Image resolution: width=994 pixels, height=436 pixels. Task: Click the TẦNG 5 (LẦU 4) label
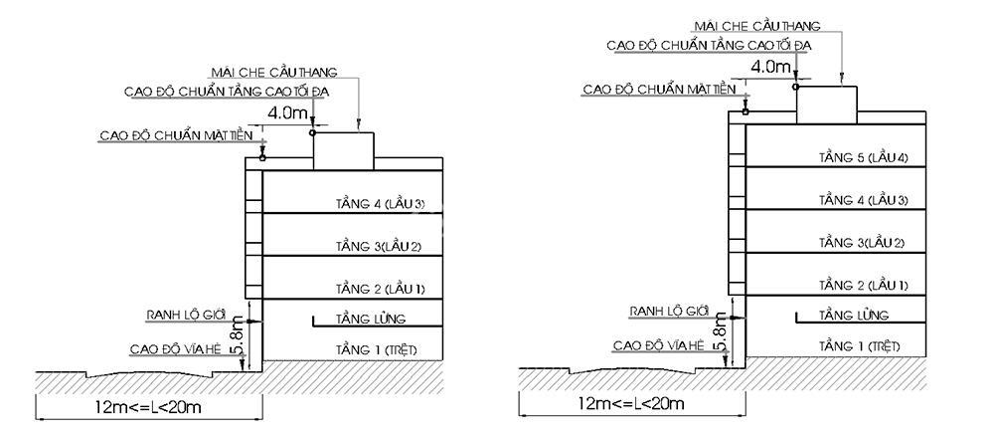863,157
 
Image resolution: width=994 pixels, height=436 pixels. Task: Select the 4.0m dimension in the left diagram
288,114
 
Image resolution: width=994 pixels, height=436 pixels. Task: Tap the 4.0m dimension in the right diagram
771,66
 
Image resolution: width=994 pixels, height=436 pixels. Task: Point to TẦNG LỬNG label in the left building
371,319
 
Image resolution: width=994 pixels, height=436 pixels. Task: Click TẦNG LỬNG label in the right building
854,315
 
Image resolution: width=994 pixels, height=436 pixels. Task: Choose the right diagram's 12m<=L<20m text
631,403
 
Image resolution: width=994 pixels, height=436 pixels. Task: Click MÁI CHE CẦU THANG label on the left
273,73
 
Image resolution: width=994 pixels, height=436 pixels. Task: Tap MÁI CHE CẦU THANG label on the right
756,26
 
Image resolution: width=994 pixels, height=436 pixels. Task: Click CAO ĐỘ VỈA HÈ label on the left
177,349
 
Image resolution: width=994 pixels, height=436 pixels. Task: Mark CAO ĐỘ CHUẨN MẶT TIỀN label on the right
660,90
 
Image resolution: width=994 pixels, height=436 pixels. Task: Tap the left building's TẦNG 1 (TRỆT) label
377,349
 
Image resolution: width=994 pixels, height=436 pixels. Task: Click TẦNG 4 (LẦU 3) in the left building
380,204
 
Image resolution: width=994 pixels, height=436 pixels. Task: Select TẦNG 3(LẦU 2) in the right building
862,243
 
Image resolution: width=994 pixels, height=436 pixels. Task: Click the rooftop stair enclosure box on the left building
344,151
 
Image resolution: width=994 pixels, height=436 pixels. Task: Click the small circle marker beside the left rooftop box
312,132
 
